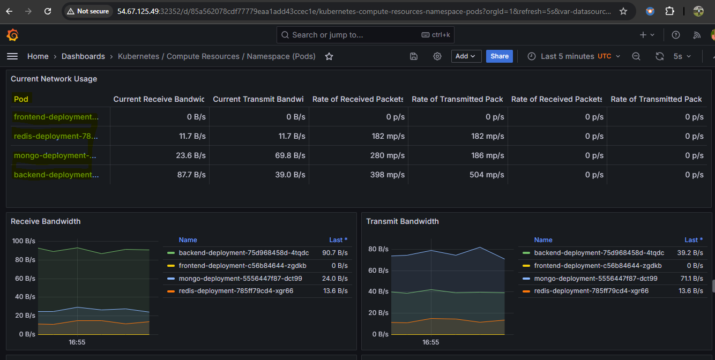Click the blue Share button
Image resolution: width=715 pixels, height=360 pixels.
pos(499,56)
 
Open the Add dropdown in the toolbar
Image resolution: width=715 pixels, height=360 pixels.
pos(466,56)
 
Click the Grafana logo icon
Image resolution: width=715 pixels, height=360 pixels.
pos(12,35)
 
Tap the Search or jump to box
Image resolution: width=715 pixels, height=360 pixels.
pos(365,35)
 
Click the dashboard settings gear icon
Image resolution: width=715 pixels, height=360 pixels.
pos(437,56)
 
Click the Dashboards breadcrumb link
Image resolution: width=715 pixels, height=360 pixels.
pos(83,56)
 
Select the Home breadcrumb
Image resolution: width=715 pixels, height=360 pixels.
pos(38,56)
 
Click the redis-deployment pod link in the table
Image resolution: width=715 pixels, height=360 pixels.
pos(56,136)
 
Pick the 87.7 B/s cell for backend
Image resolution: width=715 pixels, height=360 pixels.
pos(191,175)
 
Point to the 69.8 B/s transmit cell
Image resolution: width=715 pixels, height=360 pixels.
pos(290,155)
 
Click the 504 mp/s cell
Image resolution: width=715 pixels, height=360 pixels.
pos(487,175)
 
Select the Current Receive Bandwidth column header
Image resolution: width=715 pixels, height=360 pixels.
pos(159,99)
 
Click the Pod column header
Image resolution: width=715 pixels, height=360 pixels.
pos(21,99)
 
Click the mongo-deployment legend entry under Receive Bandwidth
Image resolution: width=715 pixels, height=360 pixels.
pos(240,278)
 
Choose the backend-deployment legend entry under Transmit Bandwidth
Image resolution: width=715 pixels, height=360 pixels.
pos(599,253)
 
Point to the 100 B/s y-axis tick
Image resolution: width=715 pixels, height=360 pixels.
pos(24,241)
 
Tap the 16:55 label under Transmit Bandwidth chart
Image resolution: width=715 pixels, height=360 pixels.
pos(430,342)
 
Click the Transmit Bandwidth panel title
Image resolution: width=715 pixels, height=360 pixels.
pos(402,221)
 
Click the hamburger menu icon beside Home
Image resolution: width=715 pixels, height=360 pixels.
pos(12,56)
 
